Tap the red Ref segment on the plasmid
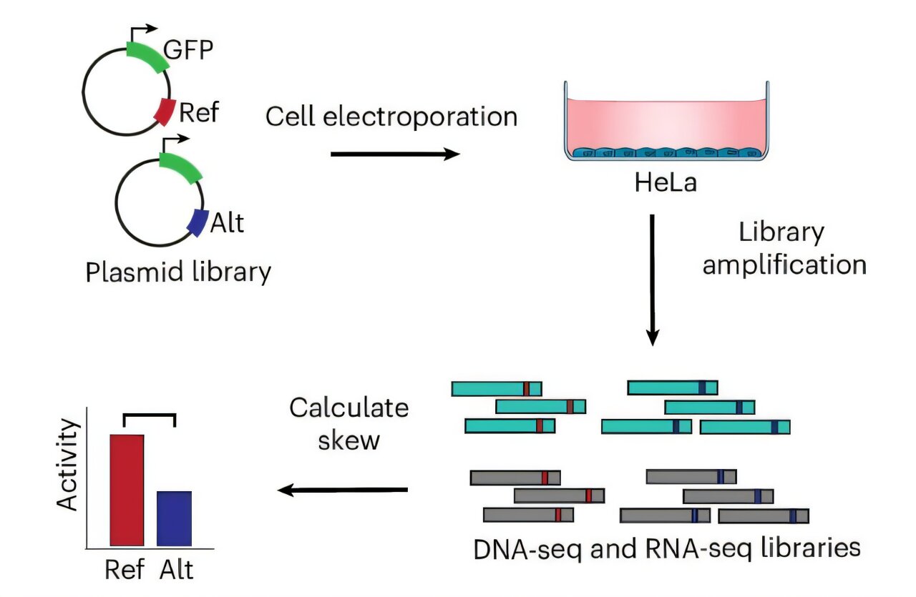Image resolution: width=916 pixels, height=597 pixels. point(165,112)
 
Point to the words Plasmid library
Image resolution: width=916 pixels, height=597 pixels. point(178,272)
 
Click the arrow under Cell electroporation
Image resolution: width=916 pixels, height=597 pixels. point(394,154)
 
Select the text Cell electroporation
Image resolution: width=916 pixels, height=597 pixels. point(391,116)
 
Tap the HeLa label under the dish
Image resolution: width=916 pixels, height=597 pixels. point(666,184)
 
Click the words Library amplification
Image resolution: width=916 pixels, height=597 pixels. point(784,248)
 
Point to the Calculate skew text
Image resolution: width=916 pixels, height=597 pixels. point(349,424)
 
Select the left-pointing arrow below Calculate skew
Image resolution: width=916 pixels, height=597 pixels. point(343,490)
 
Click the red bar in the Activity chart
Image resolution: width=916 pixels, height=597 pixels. point(127,489)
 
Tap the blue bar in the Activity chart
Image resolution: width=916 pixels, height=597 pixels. point(174,518)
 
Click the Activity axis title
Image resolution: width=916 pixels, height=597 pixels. point(69,465)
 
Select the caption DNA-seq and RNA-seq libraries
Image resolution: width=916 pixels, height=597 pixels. point(666,548)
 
